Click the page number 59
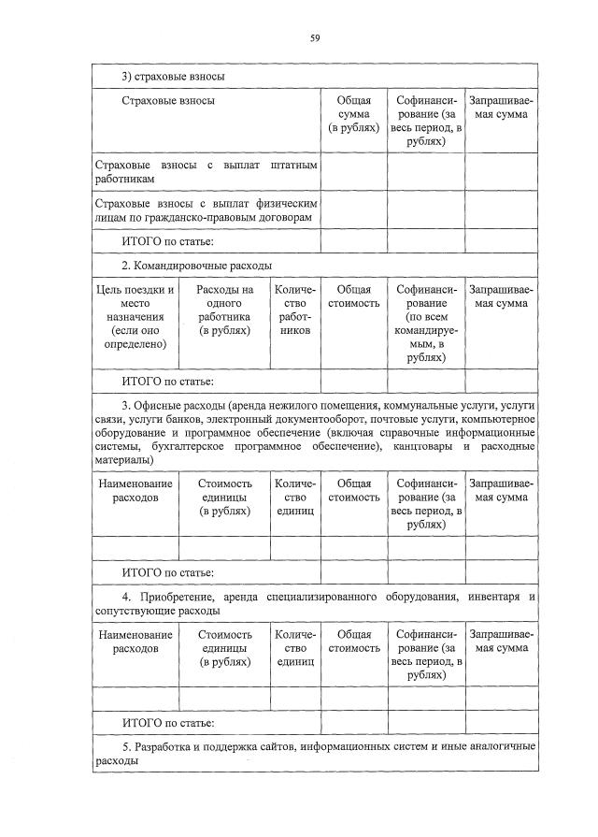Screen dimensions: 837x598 pyautogui.click(x=315, y=38)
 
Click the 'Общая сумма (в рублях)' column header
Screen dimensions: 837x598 pyautogui.click(x=353, y=114)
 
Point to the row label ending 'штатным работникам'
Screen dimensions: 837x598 pyautogui.click(x=206, y=172)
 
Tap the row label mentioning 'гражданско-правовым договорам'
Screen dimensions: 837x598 pyautogui.click(x=206, y=209)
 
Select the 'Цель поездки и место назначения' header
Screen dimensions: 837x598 pyautogui.click(x=135, y=316)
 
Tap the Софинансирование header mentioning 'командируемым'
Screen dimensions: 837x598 pyautogui.click(x=426, y=323)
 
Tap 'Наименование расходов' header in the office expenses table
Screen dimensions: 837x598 pyautogui.click(x=135, y=490)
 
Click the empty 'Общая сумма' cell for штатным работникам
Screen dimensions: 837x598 pyautogui.click(x=353, y=172)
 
